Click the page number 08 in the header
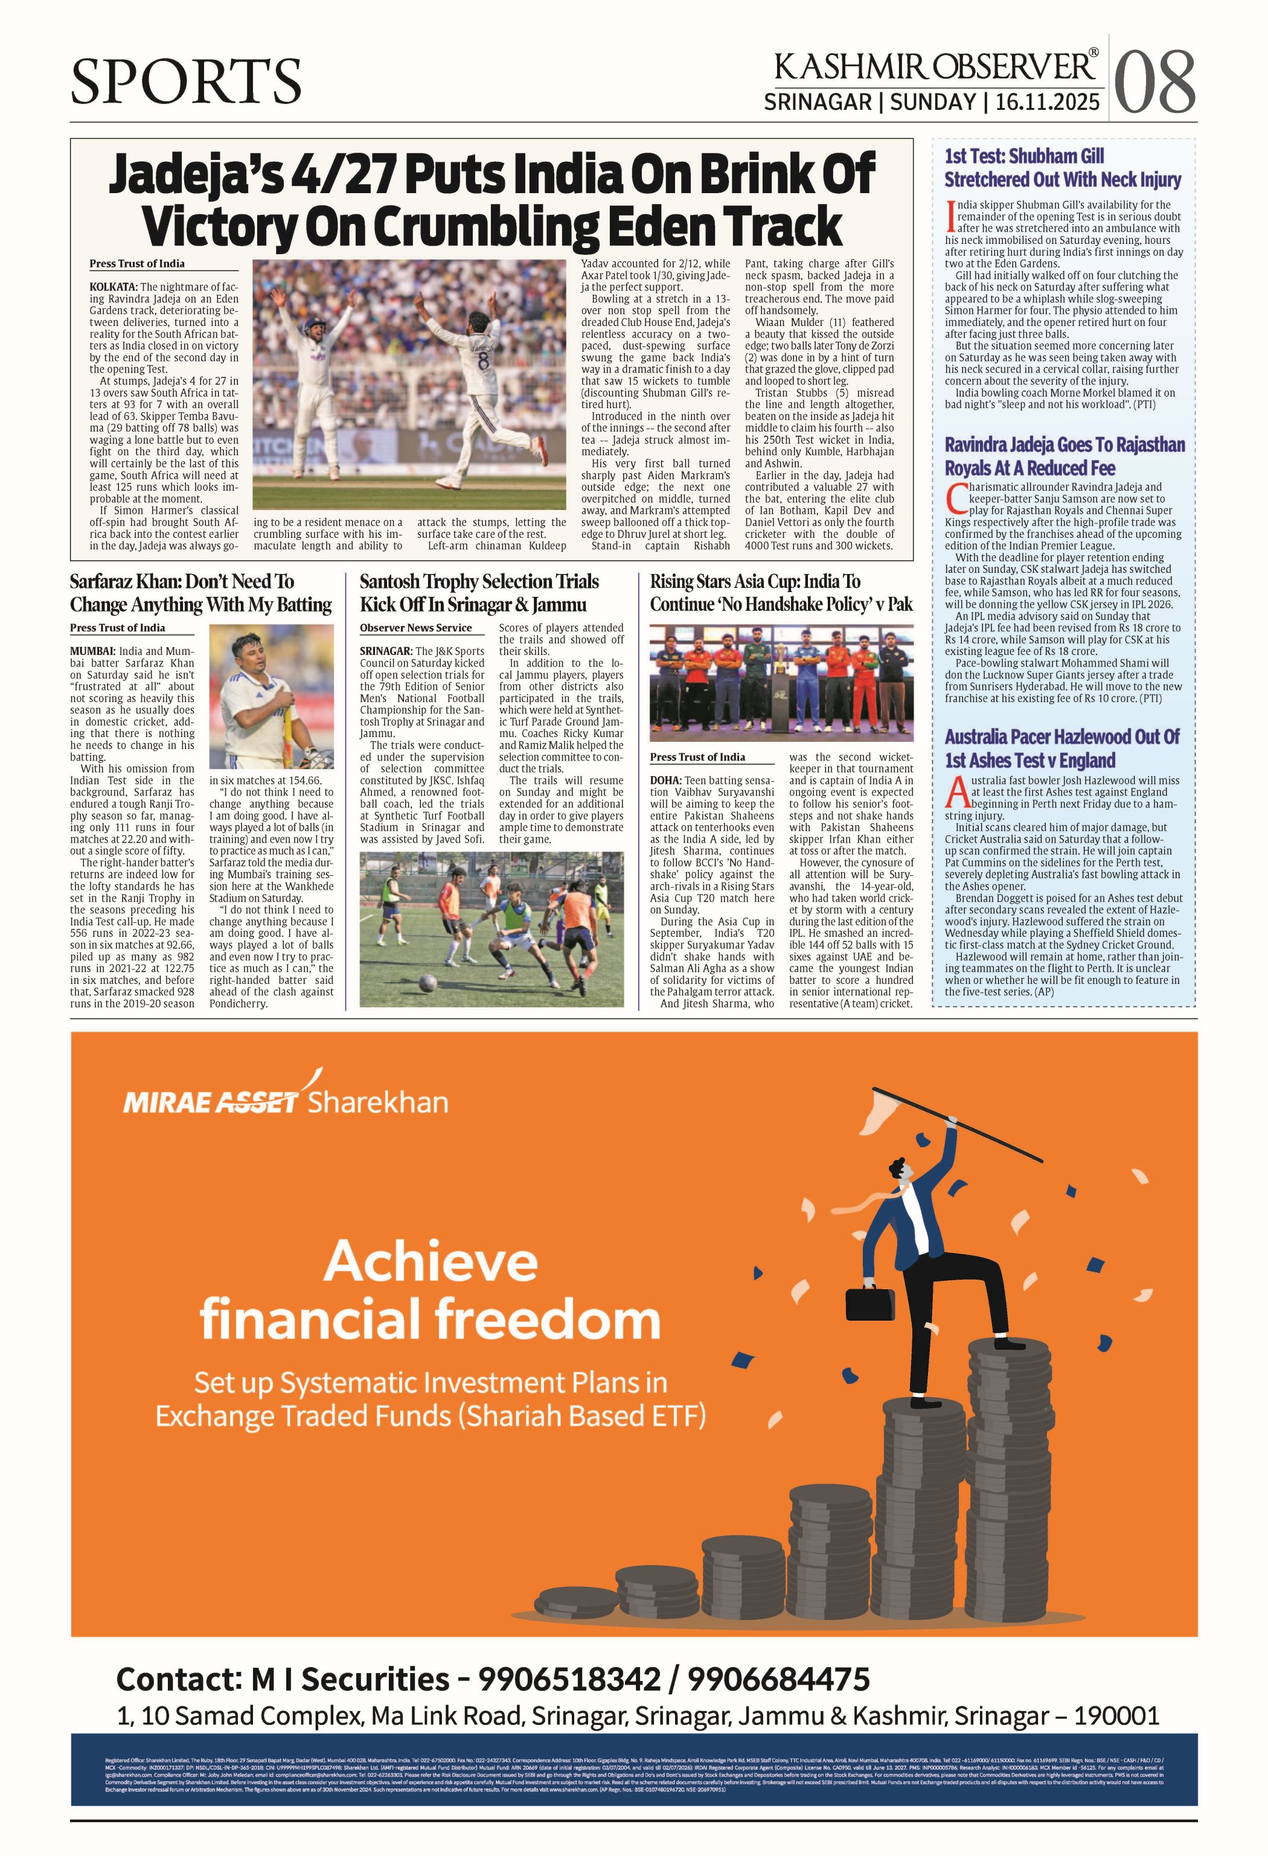[x=1154, y=82]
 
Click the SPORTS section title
[x=185, y=81]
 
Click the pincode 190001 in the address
[x=1116, y=1715]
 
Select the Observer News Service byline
[x=415, y=628]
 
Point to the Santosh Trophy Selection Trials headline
[x=479, y=593]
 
